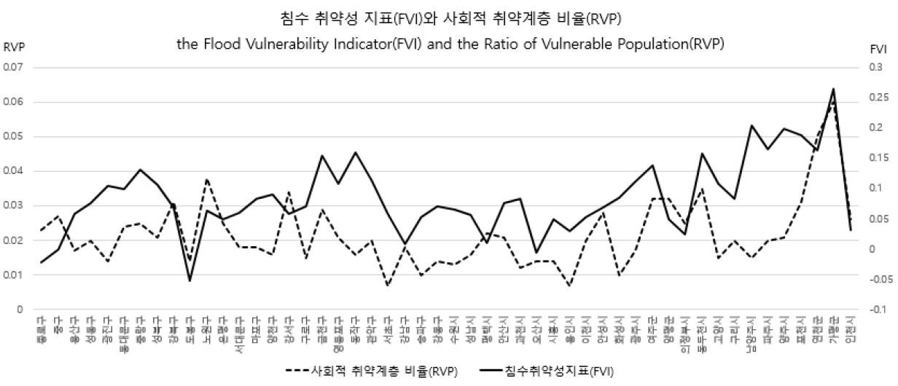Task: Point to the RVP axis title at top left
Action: pyautogui.click(x=13, y=47)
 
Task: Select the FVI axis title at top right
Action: pyautogui.click(x=878, y=49)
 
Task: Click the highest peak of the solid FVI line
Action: pyautogui.click(x=833, y=89)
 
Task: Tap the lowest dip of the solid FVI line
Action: pyautogui.click(x=190, y=280)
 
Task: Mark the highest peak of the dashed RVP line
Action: pyautogui.click(x=833, y=102)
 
